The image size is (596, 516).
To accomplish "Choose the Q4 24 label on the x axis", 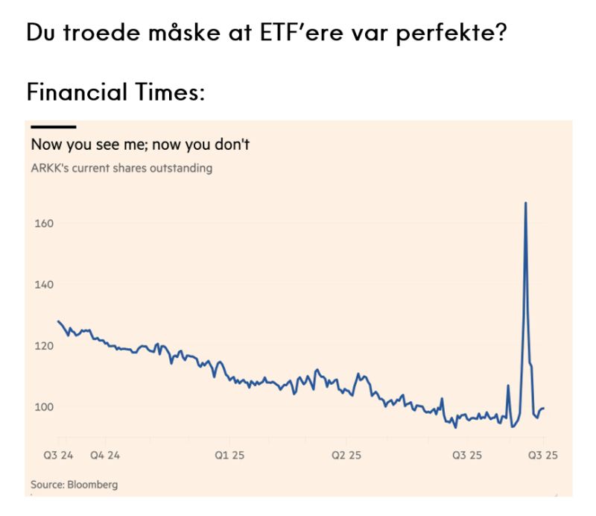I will pyautogui.click(x=104, y=454).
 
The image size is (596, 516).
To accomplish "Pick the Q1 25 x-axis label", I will pyautogui.click(x=230, y=454).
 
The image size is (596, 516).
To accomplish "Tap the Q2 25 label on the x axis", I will pyautogui.click(x=346, y=454).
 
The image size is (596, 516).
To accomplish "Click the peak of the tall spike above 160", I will pyautogui.click(x=526, y=203).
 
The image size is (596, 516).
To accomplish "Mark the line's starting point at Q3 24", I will pyautogui.click(x=58, y=321).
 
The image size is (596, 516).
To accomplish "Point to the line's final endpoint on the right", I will pyautogui.click(x=544, y=408).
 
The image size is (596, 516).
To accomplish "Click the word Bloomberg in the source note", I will pyautogui.click(x=92, y=485).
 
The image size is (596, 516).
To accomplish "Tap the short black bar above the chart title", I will pyautogui.click(x=53, y=127).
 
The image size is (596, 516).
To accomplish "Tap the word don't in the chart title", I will pyautogui.click(x=230, y=145).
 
